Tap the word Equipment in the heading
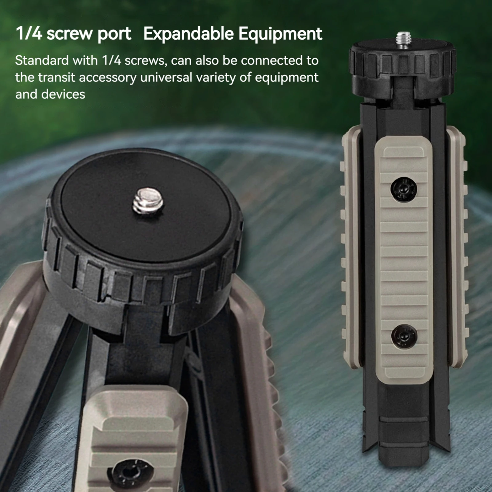point(280,34)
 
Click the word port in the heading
point(114,34)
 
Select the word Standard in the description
point(42,60)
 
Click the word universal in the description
point(166,77)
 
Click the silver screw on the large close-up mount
point(148,200)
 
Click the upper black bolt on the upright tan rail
point(403,189)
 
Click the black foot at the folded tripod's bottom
point(403,443)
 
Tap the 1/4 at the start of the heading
point(29,34)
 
